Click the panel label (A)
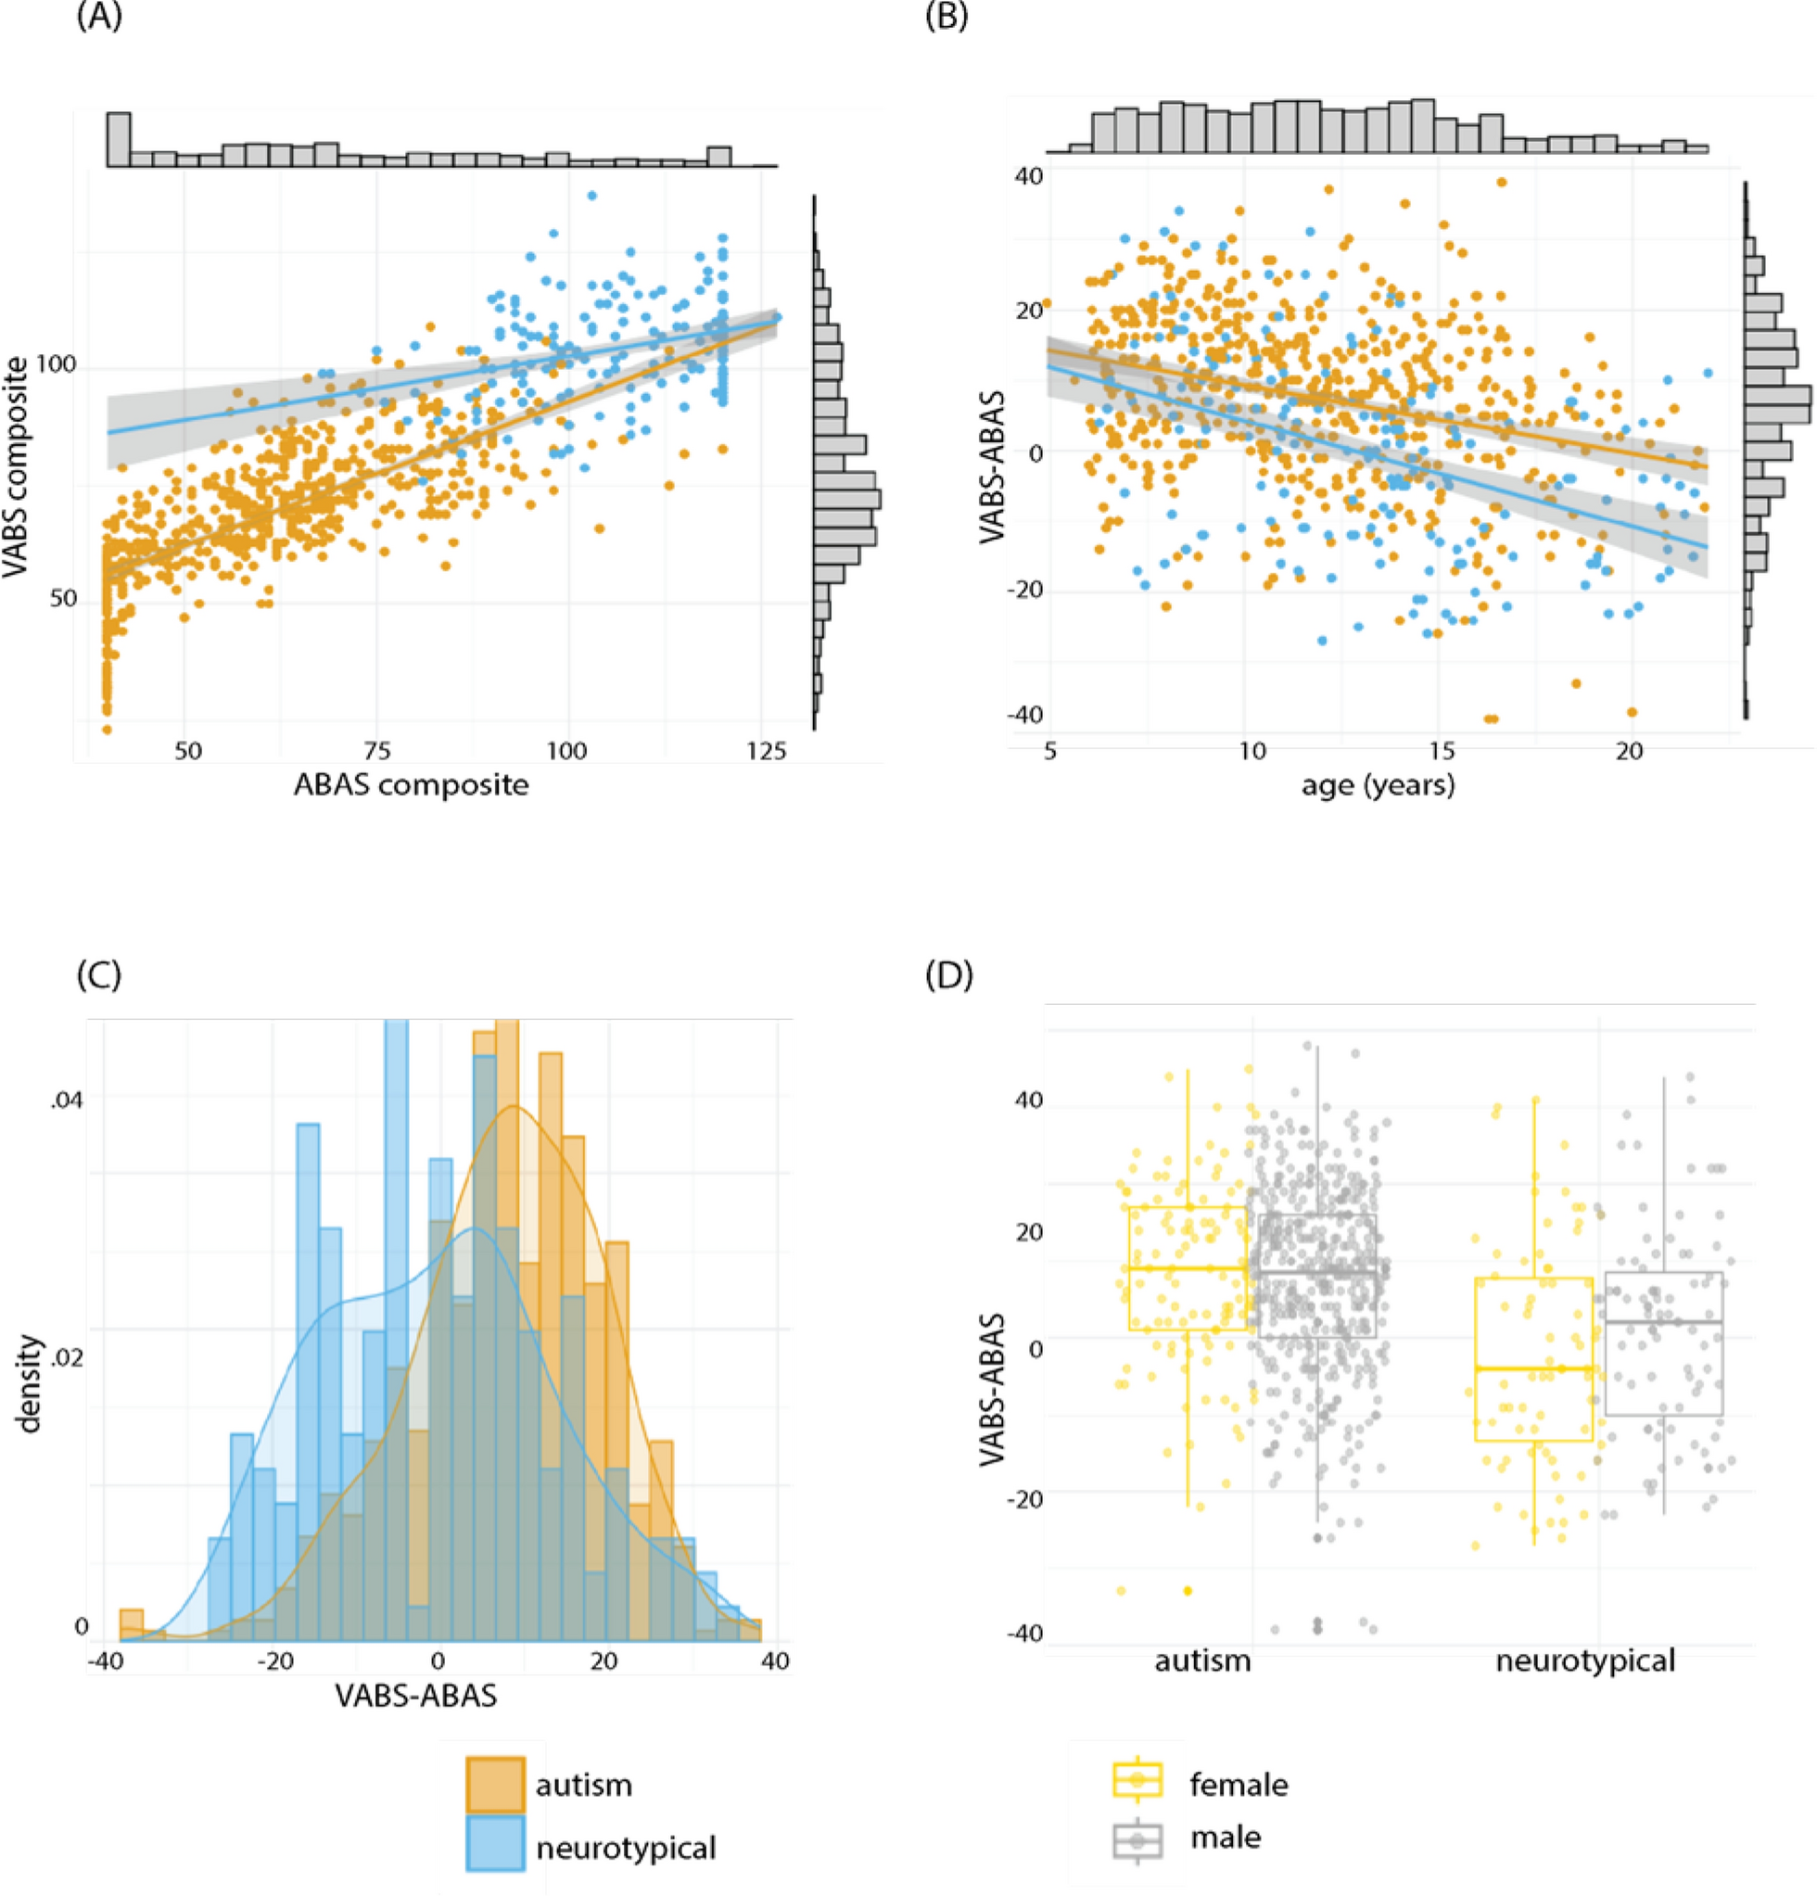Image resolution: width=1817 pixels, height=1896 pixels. click(98, 19)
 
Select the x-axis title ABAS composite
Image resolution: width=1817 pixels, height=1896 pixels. click(411, 783)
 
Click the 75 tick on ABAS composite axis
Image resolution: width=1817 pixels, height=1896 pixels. click(377, 752)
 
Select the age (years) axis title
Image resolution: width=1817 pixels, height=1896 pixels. click(1377, 783)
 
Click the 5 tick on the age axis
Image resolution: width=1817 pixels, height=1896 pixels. click(1050, 751)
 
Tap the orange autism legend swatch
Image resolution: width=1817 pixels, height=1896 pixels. click(495, 1785)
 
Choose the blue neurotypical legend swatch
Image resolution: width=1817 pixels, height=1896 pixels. click(495, 1847)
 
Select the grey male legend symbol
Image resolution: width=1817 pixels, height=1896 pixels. click(1137, 1836)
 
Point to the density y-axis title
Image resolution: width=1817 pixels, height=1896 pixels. click(31, 1383)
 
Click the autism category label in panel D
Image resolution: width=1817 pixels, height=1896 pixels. click(1202, 1661)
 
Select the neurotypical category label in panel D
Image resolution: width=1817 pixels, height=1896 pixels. click(1585, 1661)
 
